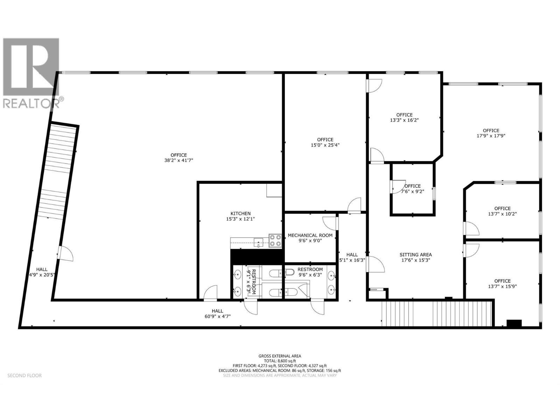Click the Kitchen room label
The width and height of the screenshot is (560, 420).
240,213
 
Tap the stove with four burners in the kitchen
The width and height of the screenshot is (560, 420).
275,241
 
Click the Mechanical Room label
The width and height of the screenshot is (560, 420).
310,236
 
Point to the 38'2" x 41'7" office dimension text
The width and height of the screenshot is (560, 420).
178,160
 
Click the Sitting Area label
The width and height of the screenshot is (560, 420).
415,255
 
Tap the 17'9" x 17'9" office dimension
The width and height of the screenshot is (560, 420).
491,136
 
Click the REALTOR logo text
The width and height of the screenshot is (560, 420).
31,103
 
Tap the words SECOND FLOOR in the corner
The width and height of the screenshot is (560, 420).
24,376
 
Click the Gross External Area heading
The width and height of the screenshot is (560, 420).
280,356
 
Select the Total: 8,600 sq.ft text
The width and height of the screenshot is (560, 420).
280,360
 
